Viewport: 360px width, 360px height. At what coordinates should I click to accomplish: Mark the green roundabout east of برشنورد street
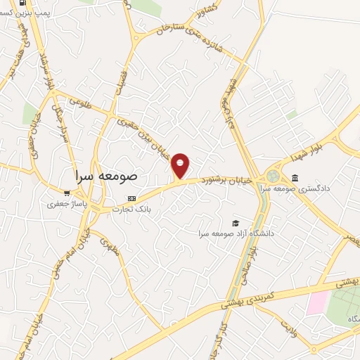coord(272,176)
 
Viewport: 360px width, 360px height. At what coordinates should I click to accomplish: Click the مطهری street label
coord(108,246)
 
